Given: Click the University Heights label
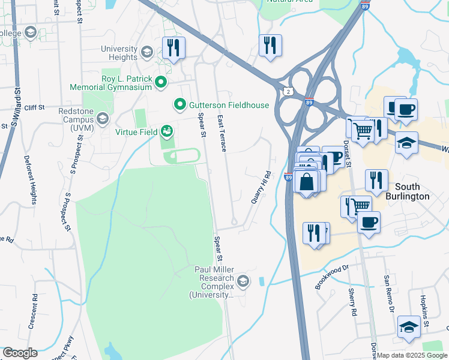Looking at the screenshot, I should coord(119,53).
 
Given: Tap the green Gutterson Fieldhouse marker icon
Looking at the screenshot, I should coord(179,105).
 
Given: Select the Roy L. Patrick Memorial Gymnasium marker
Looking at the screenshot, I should coord(160,82).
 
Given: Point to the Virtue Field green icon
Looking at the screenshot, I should coord(166,131).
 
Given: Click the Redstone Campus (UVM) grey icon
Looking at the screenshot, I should coord(103,118).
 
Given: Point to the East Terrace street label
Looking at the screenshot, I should coord(221,133).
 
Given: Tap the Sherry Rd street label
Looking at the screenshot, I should coord(352,302).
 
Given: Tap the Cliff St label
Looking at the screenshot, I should coord(35,107).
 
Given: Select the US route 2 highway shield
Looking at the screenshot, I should coord(289,91).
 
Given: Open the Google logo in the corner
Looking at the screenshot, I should coord(20,353).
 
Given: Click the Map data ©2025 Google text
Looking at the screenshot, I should coord(412,355).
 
